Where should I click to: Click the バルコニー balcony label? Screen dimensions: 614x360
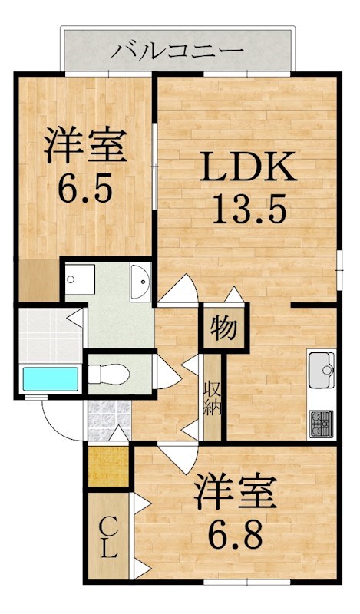click(177, 51)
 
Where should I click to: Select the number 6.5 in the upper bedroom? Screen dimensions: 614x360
click(84, 187)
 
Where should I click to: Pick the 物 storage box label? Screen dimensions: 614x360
click(223, 328)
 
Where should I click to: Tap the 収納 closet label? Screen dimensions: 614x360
click(213, 396)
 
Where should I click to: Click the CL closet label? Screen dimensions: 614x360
click(108, 537)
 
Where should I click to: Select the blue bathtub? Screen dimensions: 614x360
click(51, 379)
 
